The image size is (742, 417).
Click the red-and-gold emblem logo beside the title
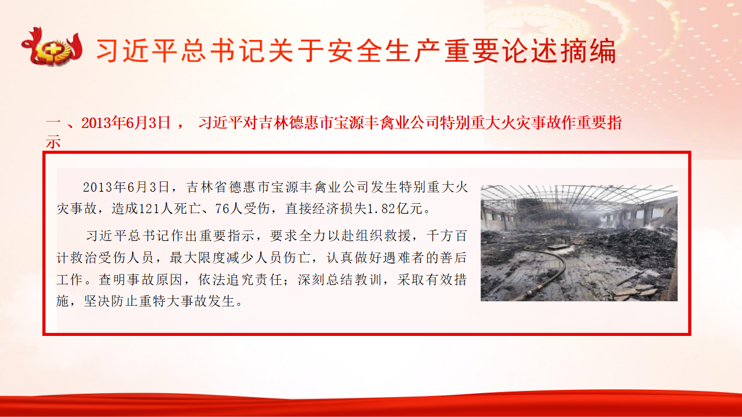[52, 47]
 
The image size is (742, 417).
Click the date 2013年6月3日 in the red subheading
[126, 123]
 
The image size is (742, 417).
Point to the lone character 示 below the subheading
[53, 142]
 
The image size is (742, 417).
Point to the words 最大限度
[198, 258]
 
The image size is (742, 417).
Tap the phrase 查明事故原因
[140, 280]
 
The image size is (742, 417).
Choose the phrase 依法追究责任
[240, 280]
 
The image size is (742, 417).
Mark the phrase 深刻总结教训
[340, 280]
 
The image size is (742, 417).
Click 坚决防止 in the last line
[111, 301]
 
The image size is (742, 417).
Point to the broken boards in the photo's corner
[634, 291]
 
